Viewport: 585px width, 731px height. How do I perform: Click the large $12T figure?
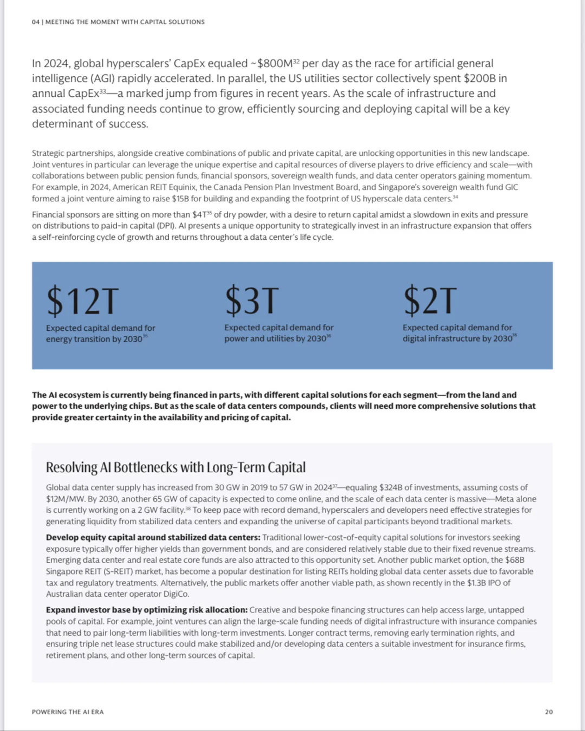(82, 301)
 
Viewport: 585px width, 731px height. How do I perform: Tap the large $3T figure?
(252, 301)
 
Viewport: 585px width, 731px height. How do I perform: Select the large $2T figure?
(430, 301)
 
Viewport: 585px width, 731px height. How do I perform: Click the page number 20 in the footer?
(549, 712)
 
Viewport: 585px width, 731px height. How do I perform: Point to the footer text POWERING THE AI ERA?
(68, 712)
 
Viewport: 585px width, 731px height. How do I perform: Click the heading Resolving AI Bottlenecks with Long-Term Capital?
(175, 467)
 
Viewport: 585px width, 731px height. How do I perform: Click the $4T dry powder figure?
(199, 215)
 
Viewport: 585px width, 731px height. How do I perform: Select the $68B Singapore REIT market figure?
(515, 560)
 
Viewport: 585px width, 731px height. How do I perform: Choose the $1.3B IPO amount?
(476, 583)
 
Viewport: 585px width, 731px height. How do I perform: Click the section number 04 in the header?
(36, 22)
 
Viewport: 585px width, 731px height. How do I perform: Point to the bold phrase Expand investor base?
(89, 610)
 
